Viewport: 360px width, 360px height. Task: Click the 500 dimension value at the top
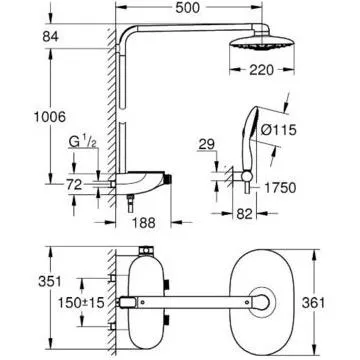(x=188, y=8)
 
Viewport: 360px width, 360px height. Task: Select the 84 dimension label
(x=51, y=37)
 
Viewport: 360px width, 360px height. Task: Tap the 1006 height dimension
(x=50, y=117)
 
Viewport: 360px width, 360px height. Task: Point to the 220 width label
(x=261, y=70)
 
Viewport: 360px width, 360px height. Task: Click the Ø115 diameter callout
(x=278, y=130)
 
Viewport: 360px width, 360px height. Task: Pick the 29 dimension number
(x=207, y=145)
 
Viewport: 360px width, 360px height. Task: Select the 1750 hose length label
(x=280, y=188)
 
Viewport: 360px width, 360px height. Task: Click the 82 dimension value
(x=244, y=214)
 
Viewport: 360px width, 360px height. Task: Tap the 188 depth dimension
(x=144, y=223)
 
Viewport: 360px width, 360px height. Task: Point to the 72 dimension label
(x=74, y=185)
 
